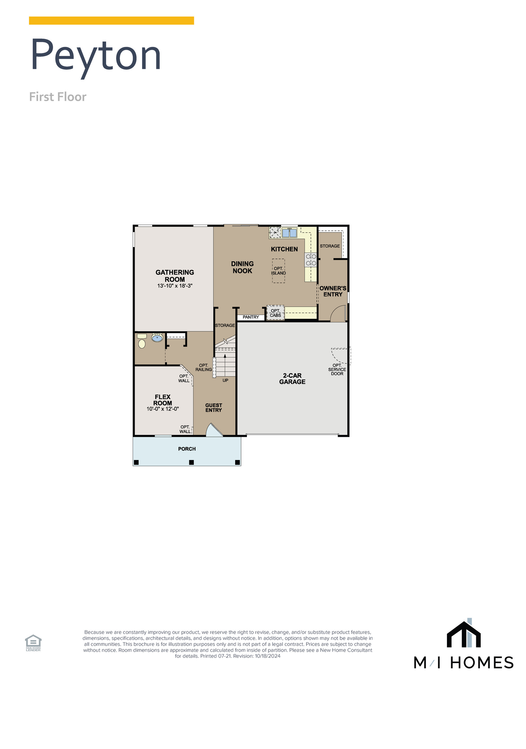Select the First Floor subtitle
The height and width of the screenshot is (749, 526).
pyautogui.click(x=58, y=97)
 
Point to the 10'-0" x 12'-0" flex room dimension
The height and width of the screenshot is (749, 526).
pyautogui.click(x=162, y=409)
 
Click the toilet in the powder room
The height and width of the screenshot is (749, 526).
pyautogui.click(x=142, y=344)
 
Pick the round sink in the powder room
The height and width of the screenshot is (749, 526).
pyautogui.click(x=157, y=337)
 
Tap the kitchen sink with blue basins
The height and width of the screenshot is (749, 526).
pyautogui.click(x=289, y=233)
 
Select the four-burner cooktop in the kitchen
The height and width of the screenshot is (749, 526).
pyautogui.click(x=311, y=260)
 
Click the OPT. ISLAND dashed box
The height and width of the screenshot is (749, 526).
pyautogui.click(x=278, y=270)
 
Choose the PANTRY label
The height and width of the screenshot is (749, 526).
pyautogui.click(x=250, y=317)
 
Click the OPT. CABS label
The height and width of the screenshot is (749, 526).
pyautogui.click(x=275, y=313)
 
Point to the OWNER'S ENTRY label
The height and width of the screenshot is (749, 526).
pyautogui.click(x=332, y=291)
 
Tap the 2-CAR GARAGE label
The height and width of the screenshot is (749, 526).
pyautogui.click(x=292, y=378)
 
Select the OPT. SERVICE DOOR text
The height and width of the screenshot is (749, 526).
pyautogui.click(x=337, y=369)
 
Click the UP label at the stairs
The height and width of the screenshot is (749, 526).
pyautogui.click(x=225, y=380)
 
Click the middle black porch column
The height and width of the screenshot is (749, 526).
pyautogui.click(x=191, y=462)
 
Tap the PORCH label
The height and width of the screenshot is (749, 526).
pyautogui.click(x=187, y=449)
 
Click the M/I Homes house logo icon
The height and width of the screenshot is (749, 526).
pyautogui.click(x=463, y=634)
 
